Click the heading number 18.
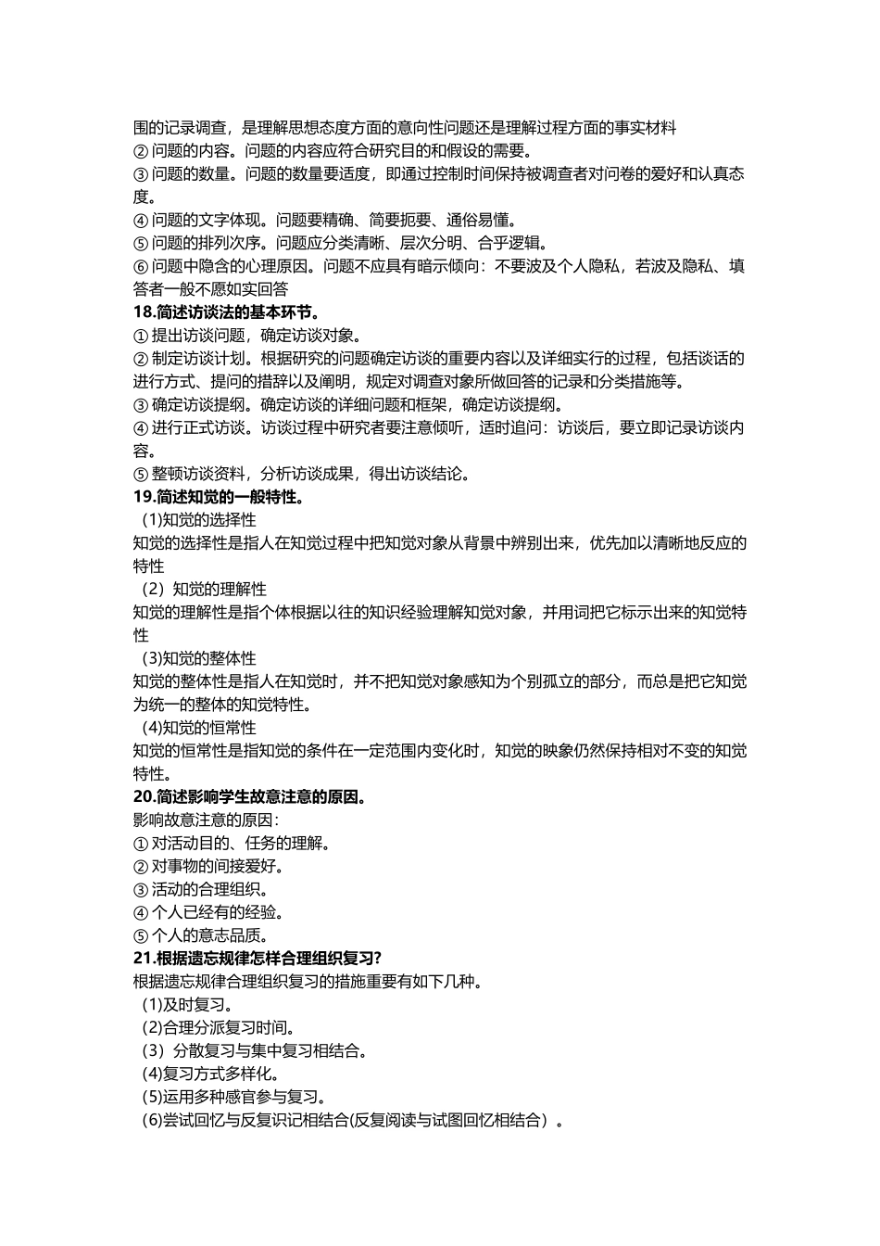coord(144,312)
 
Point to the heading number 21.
coord(144,959)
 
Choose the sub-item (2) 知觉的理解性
coord(204,590)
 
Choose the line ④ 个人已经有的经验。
coord(208,913)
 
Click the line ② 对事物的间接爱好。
coord(208,867)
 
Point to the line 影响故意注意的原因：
coord(207,820)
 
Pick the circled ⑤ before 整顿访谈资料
coord(141,475)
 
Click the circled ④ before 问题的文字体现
coord(141,221)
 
